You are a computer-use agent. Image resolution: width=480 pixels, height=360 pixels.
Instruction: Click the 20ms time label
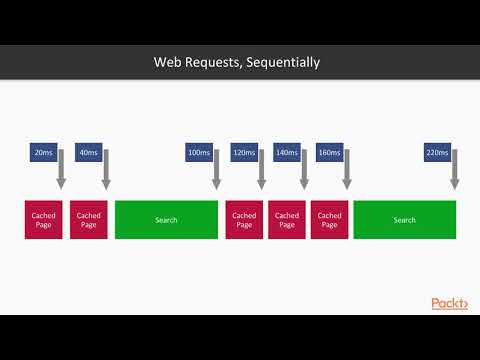(43, 153)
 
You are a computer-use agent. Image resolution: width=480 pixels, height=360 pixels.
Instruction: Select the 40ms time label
(87, 153)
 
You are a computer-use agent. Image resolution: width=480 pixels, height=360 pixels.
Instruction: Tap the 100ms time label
(198, 153)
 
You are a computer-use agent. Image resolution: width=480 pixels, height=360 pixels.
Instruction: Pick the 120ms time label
(243, 153)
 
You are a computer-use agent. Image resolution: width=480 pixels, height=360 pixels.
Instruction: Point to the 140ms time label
(286, 153)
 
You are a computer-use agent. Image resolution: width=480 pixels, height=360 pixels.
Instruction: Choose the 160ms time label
(329, 153)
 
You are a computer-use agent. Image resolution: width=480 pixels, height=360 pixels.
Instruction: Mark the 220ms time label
(437, 153)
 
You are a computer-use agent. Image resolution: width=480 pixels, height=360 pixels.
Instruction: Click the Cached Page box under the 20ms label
(44, 220)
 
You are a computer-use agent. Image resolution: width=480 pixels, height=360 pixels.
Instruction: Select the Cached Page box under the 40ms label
(88, 220)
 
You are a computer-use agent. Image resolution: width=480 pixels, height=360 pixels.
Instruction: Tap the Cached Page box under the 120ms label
(244, 220)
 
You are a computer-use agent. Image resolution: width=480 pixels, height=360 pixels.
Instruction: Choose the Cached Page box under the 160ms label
(329, 220)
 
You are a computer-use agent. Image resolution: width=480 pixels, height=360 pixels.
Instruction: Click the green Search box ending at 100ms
(166, 220)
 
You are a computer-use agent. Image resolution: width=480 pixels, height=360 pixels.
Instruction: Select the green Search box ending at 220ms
(404, 220)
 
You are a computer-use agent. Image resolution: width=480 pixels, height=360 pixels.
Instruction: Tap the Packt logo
(449, 303)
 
